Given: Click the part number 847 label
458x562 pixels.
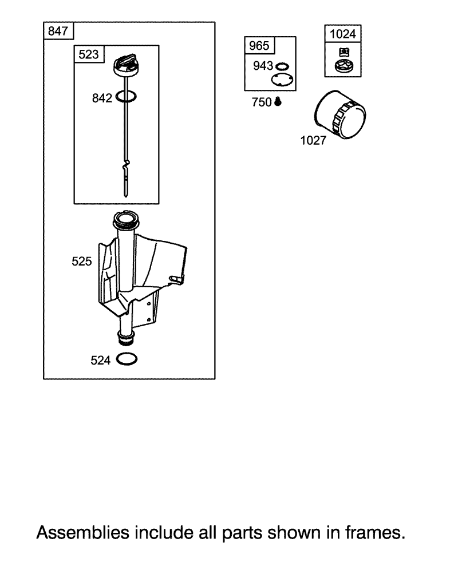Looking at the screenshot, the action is tap(58, 31).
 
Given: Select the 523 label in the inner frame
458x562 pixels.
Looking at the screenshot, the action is tap(89, 54).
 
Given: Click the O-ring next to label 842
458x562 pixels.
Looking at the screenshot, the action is tap(127, 96).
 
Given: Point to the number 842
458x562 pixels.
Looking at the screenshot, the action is tap(102, 98).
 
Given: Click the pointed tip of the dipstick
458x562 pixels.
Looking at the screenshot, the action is tap(125, 196).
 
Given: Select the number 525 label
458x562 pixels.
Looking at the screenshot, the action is tap(82, 262).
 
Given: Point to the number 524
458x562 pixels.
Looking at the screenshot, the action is tap(100, 360).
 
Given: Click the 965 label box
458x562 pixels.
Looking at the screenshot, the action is tap(259, 46).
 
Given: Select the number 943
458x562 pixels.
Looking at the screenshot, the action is tap(263, 66).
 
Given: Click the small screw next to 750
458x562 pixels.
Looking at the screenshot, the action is tap(278, 102).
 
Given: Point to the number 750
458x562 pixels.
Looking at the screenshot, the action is tap(262, 102).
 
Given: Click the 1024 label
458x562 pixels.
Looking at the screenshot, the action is tap(342, 34).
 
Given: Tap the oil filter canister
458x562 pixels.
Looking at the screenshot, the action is tap(340, 114).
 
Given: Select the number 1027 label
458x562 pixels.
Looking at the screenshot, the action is tap(313, 141).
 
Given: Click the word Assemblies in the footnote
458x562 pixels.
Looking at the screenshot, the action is tap(83, 533).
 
